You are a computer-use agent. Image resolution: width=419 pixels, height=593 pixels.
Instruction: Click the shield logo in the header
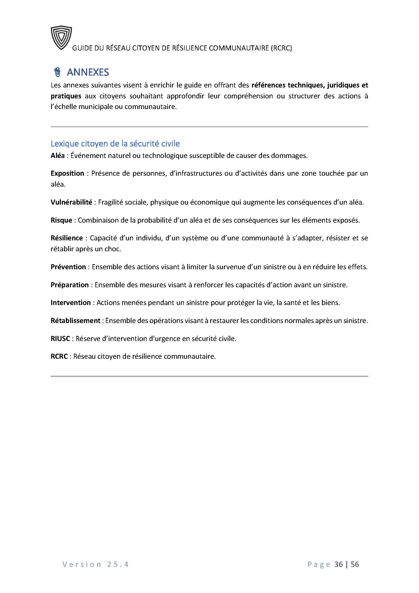61,38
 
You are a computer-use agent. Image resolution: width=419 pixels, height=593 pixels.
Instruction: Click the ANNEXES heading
88,73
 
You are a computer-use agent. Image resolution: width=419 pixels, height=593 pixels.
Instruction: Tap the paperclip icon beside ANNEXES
57,73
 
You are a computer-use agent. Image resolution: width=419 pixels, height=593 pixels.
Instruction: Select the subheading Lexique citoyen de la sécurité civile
115,143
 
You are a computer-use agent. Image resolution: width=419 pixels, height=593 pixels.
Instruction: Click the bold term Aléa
58,156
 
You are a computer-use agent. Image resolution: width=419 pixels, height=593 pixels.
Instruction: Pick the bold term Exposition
67,173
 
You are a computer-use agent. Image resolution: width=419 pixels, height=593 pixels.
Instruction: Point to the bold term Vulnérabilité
71,202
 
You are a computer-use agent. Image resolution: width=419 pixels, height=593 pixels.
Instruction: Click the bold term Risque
61,220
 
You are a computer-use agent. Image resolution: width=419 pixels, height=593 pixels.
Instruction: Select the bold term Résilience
67,238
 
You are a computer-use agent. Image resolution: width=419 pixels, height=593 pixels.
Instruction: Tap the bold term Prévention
68,267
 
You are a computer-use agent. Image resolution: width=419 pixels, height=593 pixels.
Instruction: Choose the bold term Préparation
70,285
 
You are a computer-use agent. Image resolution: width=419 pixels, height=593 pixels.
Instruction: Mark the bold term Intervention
71,303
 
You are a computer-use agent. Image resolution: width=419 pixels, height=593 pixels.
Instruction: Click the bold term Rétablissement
75,321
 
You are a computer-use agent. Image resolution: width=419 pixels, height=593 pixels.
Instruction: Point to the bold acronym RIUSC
60,339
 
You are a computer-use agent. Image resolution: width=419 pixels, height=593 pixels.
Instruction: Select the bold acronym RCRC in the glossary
59,357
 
